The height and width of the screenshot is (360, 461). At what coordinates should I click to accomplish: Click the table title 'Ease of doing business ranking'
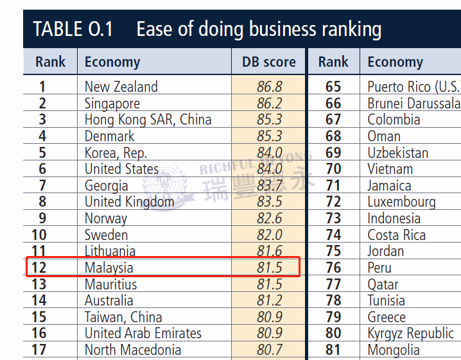(259, 29)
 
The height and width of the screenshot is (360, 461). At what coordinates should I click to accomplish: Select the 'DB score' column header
(269, 62)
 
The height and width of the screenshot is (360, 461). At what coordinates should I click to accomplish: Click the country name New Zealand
(121, 87)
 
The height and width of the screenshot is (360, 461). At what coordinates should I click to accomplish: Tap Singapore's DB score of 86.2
(269, 103)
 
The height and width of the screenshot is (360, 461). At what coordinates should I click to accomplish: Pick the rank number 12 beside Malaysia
(39, 268)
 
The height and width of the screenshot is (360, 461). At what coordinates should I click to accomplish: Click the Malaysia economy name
(109, 268)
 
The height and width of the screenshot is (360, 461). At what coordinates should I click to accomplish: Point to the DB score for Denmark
(269, 136)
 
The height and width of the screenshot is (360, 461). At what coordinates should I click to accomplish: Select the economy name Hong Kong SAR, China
(148, 119)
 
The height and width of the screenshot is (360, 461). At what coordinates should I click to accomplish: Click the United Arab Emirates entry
(143, 333)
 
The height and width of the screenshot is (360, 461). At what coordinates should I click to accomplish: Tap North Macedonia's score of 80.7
(269, 350)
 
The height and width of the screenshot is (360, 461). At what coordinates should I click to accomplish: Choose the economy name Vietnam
(390, 169)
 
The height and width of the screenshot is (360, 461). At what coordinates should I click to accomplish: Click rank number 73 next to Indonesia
(333, 218)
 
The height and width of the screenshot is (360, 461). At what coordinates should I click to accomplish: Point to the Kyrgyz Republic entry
(410, 333)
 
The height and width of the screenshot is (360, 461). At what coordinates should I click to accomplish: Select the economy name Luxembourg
(401, 202)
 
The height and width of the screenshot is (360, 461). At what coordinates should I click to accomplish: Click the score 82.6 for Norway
(269, 218)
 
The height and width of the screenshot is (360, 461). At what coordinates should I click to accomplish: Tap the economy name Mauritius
(110, 284)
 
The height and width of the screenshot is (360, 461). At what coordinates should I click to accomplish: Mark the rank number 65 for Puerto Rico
(333, 87)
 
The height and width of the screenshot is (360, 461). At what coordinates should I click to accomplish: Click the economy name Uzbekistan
(397, 153)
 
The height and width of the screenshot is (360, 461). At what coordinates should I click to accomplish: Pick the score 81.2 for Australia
(269, 300)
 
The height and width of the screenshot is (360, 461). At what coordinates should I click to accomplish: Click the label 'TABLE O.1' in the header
(73, 29)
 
